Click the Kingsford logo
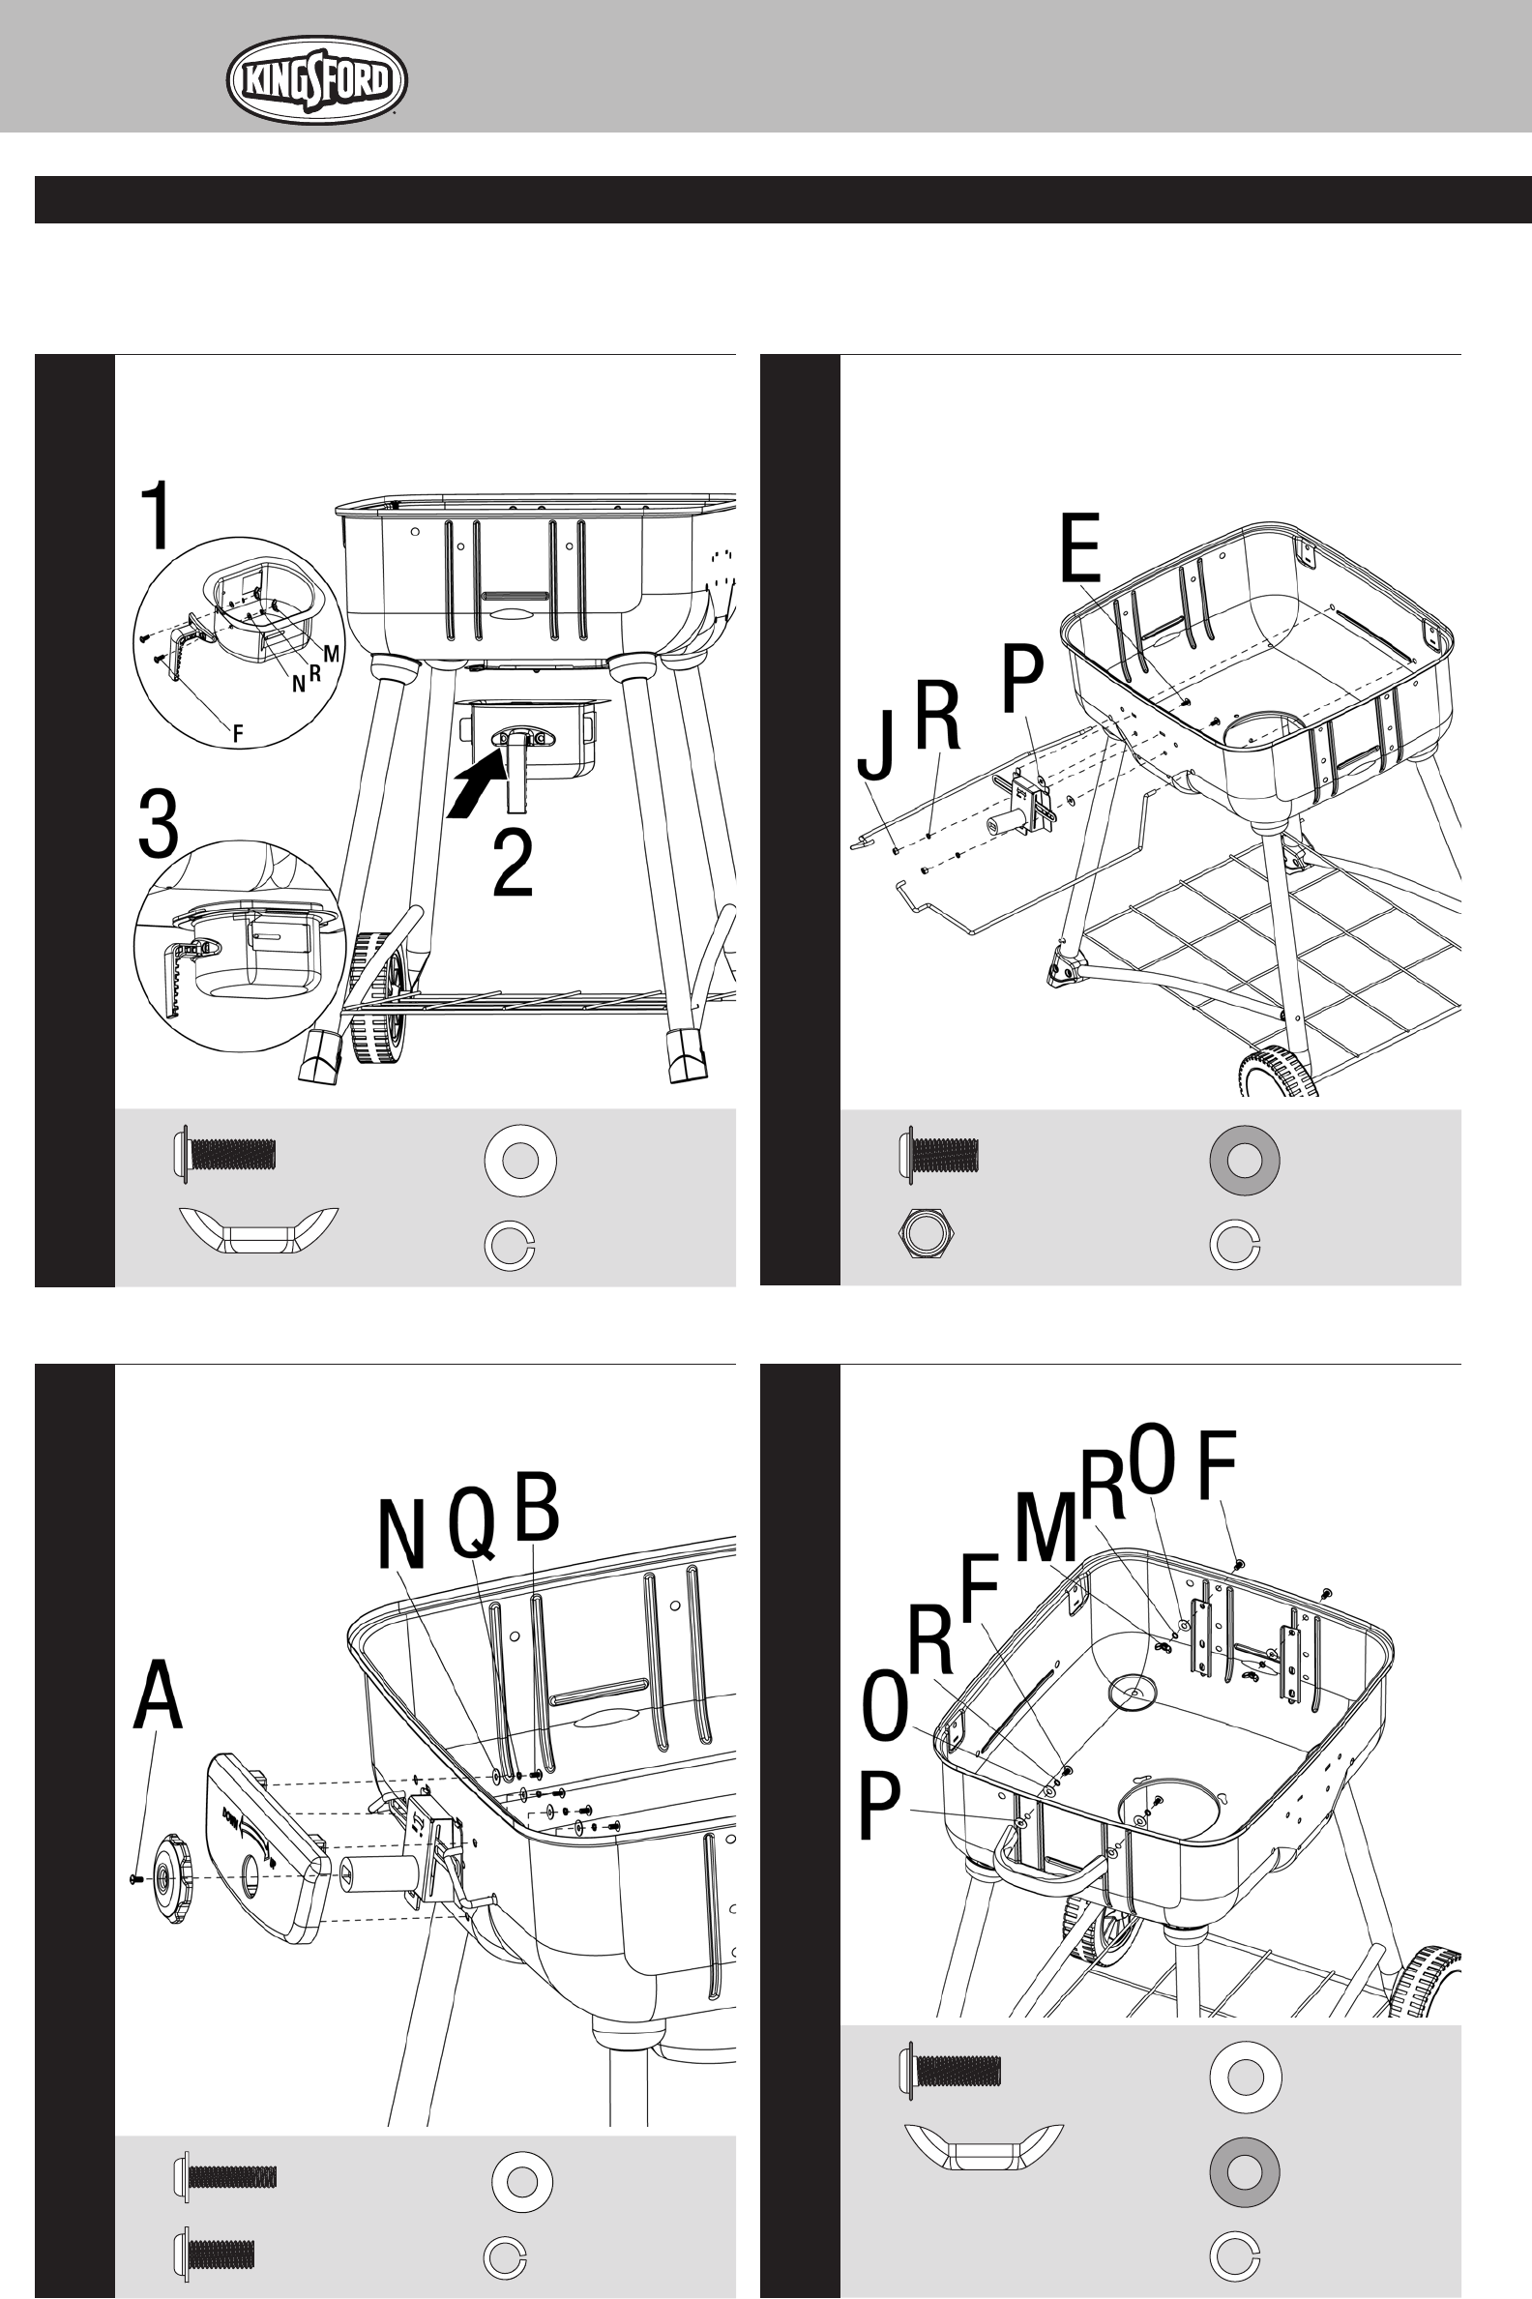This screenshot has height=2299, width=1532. tap(316, 80)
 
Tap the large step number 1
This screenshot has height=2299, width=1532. tap(157, 515)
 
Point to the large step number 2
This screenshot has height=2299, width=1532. tap(513, 862)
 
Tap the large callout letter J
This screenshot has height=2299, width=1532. tap(876, 745)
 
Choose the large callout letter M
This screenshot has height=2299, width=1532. tap(1046, 1528)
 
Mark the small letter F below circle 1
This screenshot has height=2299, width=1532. tap(237, 734)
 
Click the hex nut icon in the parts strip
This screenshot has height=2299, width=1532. tap(926, 1233)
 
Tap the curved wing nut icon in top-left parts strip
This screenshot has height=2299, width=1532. tap(259, 1229)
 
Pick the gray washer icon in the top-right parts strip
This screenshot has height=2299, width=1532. tap(1244, 1160)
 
